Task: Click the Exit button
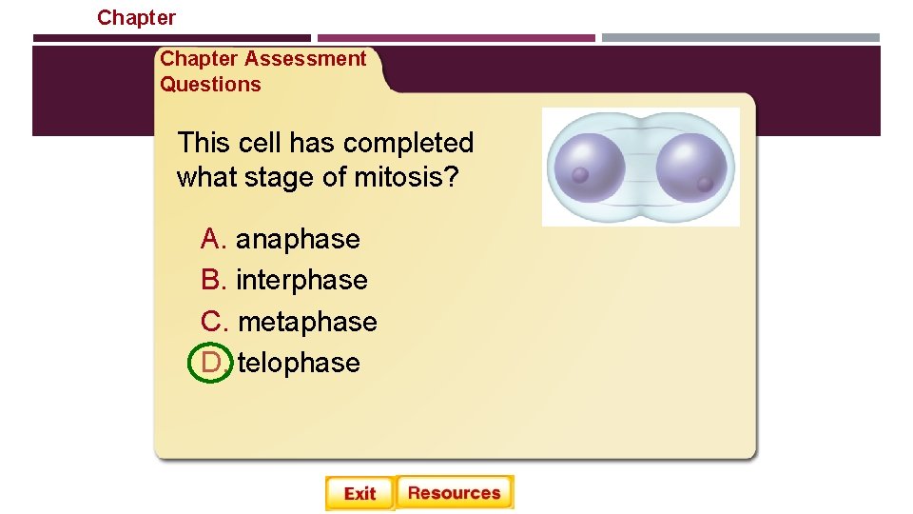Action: click(359, 493)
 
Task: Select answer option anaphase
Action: click(298, 239)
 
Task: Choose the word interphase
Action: click(301, 280)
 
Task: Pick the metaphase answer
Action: click(307, 322)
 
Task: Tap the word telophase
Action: click(299, 363)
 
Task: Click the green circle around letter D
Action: click(211, 363)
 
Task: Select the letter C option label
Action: click(212, 322)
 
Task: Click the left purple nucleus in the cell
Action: click(590, 168)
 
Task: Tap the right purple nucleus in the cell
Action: click(691, 168)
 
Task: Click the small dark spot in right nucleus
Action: click(705, 184)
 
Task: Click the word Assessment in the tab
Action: click(304, 59)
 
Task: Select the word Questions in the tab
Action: click(210, 85)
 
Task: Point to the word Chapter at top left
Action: click(136, 17)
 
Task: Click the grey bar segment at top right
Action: click(741, 38)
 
